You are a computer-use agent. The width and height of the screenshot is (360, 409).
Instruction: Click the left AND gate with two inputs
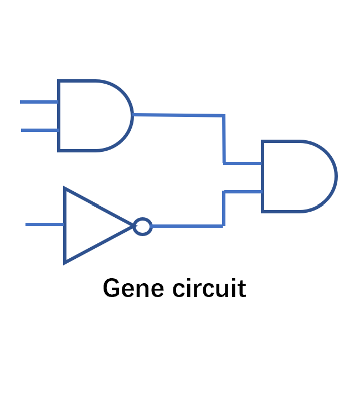91,115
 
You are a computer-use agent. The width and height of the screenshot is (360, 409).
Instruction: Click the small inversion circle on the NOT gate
143,226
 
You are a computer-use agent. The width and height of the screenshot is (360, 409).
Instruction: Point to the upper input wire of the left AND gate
39,102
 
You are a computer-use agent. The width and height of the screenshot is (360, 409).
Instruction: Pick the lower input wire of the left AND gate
39,130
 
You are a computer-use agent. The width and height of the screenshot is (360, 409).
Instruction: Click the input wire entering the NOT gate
44,224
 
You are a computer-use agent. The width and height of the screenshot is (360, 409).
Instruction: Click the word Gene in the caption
133,289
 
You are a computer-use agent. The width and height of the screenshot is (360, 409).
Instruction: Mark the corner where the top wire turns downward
224,116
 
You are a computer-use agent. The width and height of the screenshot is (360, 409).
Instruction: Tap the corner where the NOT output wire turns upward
223,226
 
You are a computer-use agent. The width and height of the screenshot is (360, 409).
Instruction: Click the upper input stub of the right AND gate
243,163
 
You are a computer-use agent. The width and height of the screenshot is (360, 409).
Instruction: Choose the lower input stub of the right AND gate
243,192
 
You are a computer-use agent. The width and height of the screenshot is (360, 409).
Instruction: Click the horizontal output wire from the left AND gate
177,115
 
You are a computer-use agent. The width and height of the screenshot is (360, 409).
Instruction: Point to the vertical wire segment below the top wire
224,140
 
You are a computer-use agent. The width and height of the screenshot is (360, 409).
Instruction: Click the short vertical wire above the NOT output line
223,208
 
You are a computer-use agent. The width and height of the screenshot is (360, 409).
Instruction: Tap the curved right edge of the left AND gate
132,115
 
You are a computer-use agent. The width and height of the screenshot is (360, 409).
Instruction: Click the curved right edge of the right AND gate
336,176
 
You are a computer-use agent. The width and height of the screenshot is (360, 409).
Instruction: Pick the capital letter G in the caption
111,289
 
